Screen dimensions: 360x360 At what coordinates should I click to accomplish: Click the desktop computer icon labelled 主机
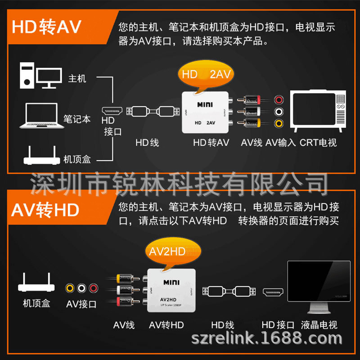click(x=41, y=75)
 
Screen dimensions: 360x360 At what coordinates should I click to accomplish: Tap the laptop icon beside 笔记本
click(x=41, y=116)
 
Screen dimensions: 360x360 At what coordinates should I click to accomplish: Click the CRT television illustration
click(x=318, y=111)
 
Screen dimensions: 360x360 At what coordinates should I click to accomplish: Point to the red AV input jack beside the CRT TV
click(x=279, y=100)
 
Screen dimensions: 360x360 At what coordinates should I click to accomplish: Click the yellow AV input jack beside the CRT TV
click(x=279, y=123)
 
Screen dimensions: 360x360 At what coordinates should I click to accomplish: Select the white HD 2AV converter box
click(x=206, y=112)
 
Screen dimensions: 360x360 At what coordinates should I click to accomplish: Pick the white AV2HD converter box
click(x=171, y=290)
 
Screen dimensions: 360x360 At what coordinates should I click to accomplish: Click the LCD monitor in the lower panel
click(x=319, y=287)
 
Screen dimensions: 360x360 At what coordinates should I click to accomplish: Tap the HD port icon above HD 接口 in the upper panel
click(x=112, y=111)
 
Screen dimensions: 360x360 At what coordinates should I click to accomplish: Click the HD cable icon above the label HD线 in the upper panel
click(x=153, y=111)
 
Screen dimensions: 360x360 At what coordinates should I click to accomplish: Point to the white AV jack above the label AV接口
click(x=81, y=288)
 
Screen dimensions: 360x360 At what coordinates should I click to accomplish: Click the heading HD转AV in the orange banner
click(x=46, y=27)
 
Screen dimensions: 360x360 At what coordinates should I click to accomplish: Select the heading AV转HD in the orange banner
click(x=45, y=210)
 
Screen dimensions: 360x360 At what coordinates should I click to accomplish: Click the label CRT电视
click(x=318, y=143)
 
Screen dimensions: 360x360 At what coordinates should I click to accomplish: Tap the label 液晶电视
click(x=319, y=324)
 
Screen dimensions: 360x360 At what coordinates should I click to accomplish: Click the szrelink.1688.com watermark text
click(x=267, y=338)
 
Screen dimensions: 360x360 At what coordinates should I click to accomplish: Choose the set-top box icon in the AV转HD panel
click(x=36, y=283)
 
